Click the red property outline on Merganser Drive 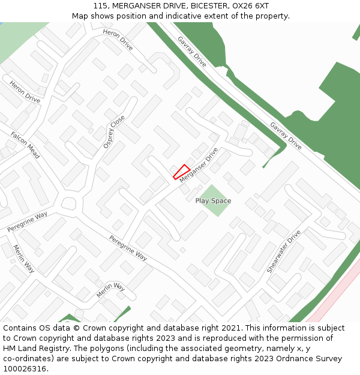(181, 172)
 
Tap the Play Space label (213, 201)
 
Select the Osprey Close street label (113, 131)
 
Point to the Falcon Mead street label (25, 145)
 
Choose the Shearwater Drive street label (284, 251)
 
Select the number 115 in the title (100, 6)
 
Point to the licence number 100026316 (25, 368)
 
